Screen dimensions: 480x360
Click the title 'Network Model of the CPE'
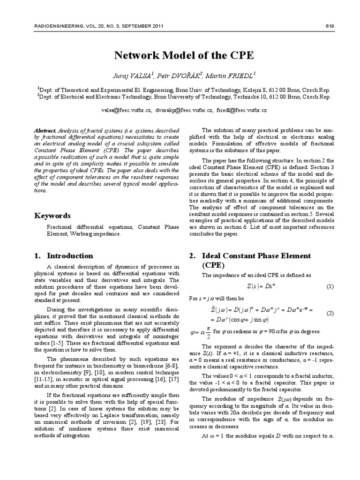coord(184,55)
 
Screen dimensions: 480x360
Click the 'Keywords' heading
coord(52,216)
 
